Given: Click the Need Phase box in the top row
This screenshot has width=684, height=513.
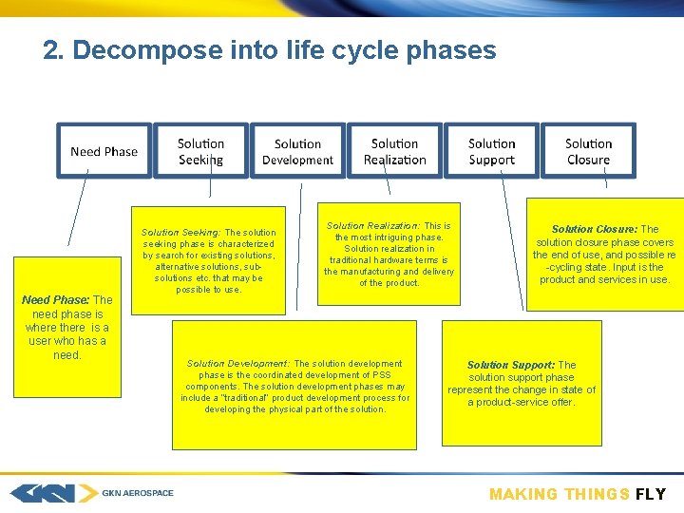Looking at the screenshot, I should point(104,151).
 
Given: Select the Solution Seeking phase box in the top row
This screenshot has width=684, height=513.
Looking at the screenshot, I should point(201,151).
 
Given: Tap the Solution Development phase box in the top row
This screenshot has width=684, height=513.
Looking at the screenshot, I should point(297,151).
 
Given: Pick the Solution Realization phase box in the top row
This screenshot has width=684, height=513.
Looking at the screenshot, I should point(394,151).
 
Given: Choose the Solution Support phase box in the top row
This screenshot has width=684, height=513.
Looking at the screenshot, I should point(491,151).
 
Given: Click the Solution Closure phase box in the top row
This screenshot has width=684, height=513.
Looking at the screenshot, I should point(588,151).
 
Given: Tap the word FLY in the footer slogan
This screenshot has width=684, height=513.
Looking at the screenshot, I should point(651,494).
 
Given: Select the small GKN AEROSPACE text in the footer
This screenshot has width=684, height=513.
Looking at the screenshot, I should point(138,493).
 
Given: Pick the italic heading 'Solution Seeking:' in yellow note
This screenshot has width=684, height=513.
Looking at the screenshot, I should point(180,233).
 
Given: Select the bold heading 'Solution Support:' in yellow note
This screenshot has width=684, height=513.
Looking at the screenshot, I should point(511,365).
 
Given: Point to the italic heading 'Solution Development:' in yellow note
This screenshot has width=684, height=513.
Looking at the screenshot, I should point(238,364).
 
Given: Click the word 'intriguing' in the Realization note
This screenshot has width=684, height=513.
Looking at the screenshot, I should point(381,237).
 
